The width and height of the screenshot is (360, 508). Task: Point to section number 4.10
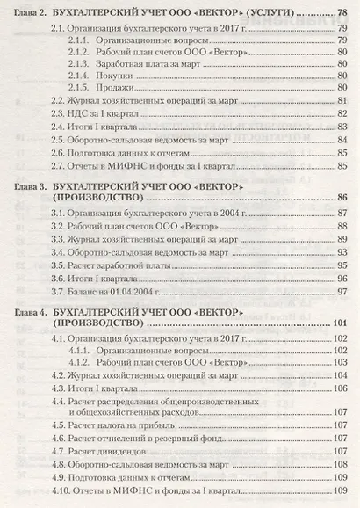(x=61, y=492)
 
